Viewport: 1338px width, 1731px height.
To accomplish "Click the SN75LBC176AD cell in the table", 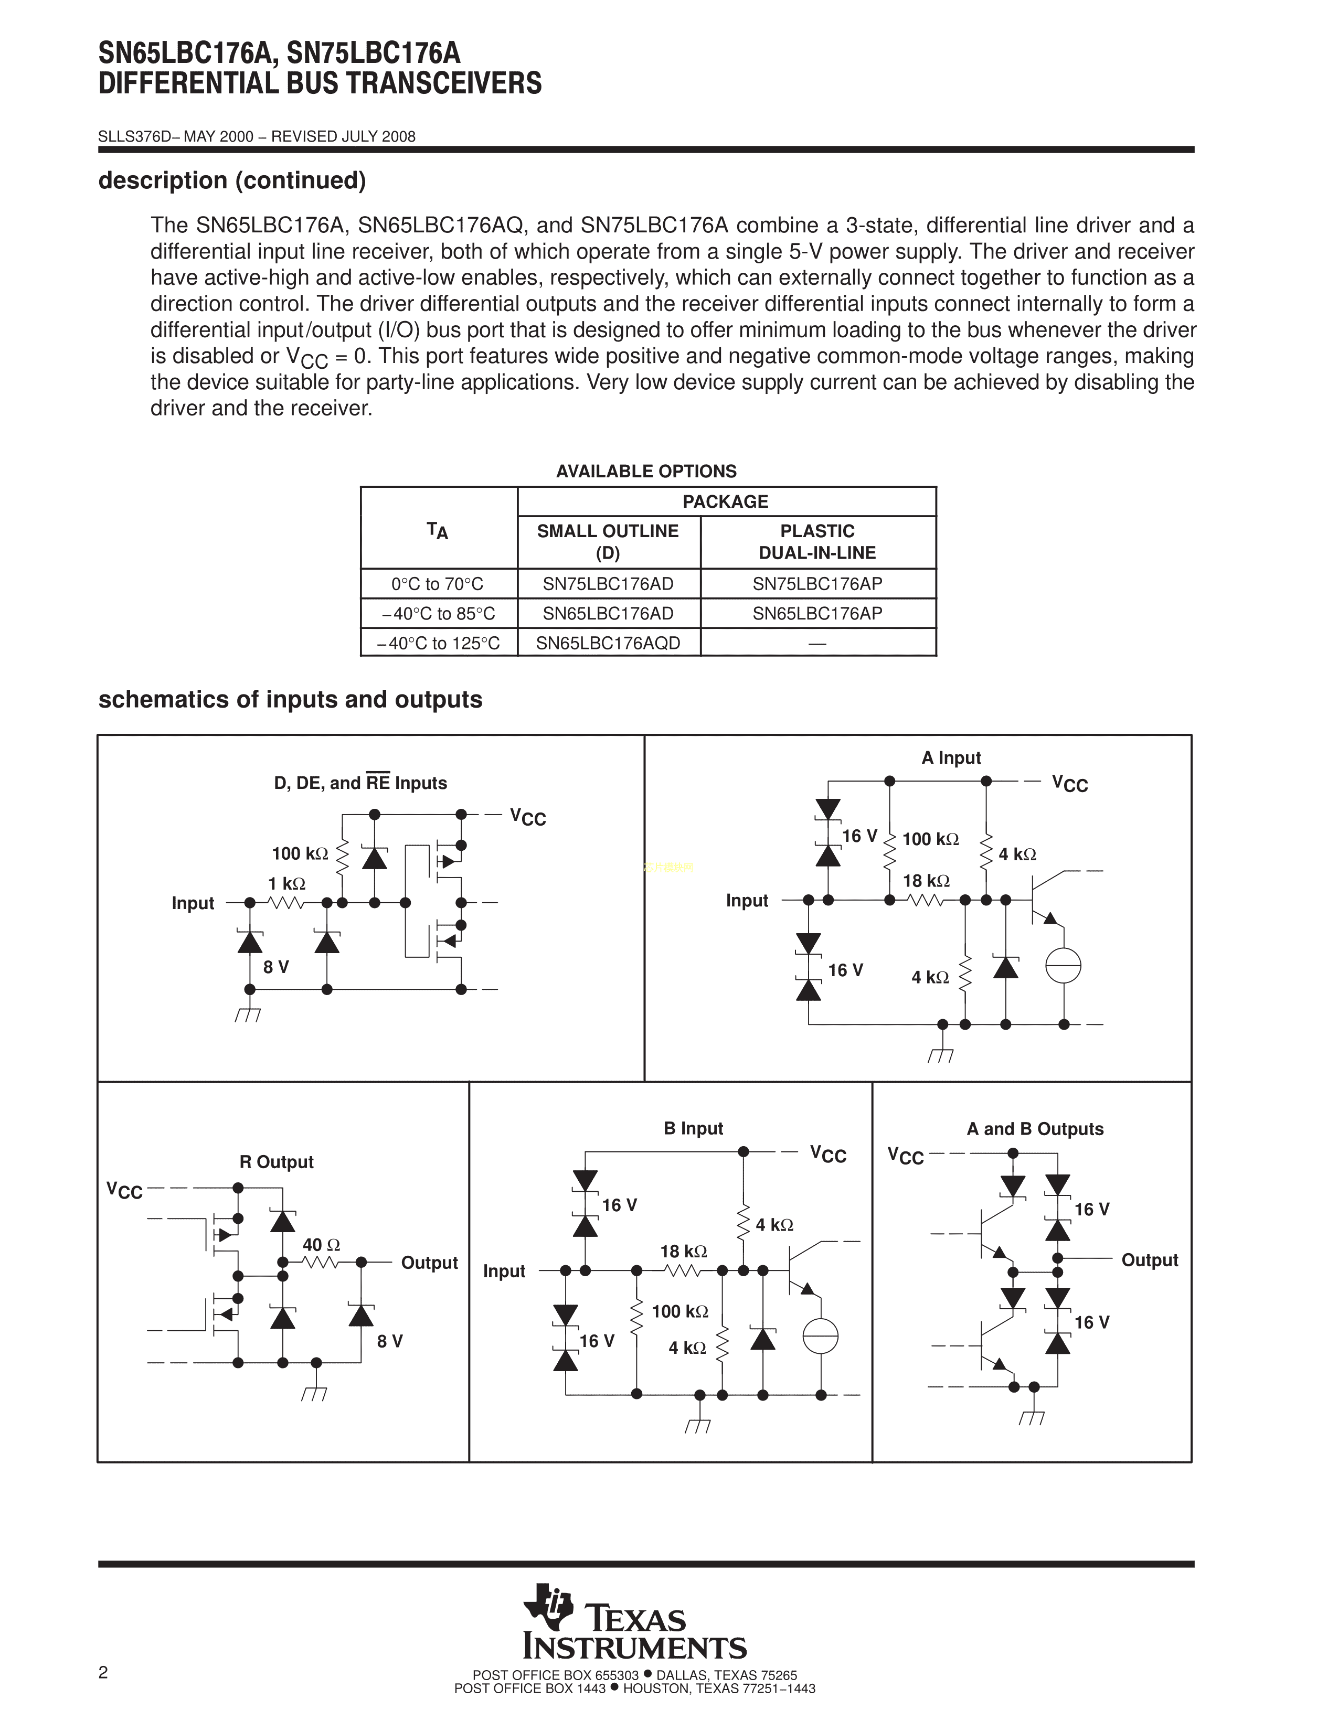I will tap(608, 584).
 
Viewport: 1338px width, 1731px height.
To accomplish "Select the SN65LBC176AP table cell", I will tap(817, 614).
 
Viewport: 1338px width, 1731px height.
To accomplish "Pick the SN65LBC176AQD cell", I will tap(608, 643).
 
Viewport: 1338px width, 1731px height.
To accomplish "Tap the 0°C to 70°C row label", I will tap(438, 584).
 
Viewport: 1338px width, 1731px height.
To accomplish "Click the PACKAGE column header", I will tap(725, 501).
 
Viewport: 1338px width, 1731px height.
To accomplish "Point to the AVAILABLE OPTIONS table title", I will tap(646, 472).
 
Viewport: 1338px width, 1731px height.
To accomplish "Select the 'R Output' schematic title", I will tap(277, 1162).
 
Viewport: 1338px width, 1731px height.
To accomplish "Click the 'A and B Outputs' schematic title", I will tap(1034, 1129).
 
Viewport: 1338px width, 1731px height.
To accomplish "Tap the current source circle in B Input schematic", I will tap(821, 1337).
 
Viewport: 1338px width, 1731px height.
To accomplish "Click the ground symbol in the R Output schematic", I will tap(315, 1393).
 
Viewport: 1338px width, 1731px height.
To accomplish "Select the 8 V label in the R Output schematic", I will tap(390, 1341).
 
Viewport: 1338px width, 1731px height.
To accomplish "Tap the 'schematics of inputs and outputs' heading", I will tap(290, 700).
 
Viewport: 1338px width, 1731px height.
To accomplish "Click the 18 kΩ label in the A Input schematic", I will tap(926, 881).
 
